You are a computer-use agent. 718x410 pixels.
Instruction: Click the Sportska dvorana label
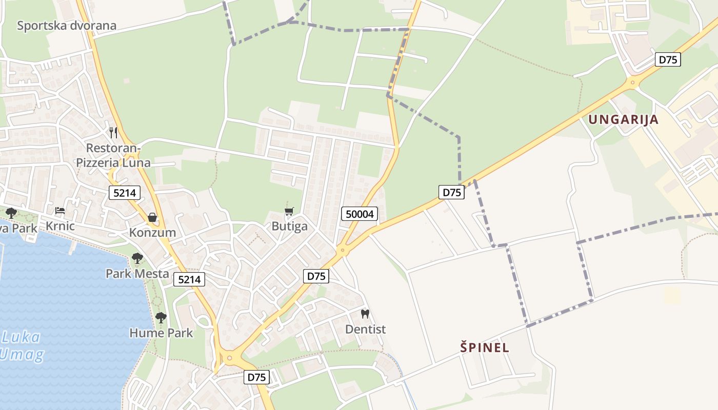click(67, 26)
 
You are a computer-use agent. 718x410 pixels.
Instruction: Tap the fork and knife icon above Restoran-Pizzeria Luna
click(113, 133)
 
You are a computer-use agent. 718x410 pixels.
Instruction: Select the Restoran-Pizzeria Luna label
click(113, 155)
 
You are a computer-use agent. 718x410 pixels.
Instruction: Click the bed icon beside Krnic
click(60, 211)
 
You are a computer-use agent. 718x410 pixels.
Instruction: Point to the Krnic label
click(60, 226)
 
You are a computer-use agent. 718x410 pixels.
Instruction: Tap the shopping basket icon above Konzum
click(152, 217)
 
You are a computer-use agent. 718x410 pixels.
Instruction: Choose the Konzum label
click(152, 233)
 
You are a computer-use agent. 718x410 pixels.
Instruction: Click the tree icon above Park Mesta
click(137, 258)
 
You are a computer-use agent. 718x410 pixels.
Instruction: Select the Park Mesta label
click(137, 274)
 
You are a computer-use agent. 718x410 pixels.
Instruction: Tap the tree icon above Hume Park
click(161, 318)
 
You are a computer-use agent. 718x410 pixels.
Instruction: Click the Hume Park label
click(161, 333)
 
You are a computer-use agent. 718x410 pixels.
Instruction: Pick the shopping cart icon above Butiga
click(289, 211)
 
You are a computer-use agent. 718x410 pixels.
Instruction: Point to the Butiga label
click(289, 227)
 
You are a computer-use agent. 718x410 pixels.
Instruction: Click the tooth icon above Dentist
click(365, 314)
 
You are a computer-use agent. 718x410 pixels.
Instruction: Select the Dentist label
click(365, 329)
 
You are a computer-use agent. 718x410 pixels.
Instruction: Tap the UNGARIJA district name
click(623, 120)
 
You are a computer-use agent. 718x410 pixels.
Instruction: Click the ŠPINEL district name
click(485, 347)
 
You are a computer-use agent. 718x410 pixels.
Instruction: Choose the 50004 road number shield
click(360, 214)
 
